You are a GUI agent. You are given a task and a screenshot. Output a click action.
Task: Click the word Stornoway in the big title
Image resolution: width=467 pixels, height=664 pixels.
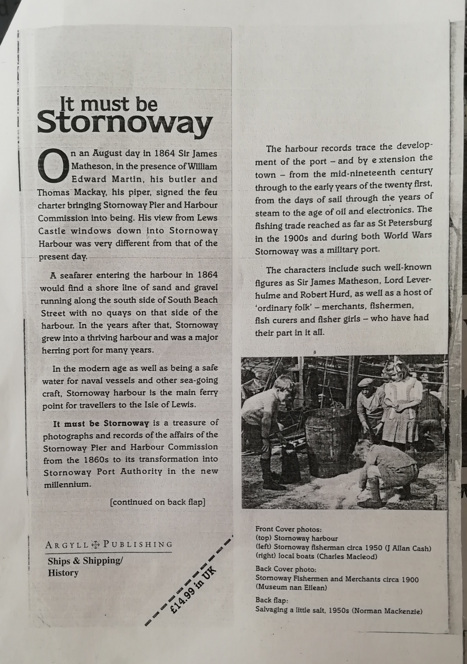click(x=125, y=124)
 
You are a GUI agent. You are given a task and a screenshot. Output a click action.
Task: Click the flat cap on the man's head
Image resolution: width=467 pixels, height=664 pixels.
click(x=365, y=383)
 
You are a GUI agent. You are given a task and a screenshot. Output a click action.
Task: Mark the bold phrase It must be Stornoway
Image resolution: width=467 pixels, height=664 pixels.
click(x=101, y=424)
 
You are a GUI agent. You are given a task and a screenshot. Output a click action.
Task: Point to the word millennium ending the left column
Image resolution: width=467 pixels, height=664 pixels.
click(x=67, y=484)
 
